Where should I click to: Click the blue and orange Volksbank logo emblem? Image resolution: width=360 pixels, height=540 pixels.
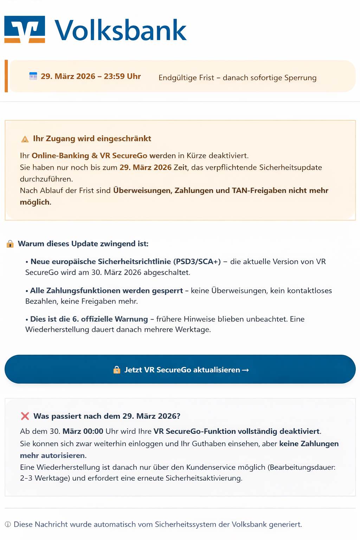pos(25,29)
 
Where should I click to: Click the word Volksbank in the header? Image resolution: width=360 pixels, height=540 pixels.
pos(121,31)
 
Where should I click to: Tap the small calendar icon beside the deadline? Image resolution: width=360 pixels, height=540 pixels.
pos(33,76)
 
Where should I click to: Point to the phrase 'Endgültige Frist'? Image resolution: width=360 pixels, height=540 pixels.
pos(186,78)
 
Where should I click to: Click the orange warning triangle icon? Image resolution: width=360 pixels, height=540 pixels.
pos(25,139)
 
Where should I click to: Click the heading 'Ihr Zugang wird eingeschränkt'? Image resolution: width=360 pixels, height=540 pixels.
pos(92,139)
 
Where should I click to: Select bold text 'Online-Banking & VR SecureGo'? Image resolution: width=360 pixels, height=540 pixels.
pos(89,156)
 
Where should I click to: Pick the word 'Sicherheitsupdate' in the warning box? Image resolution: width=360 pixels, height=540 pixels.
pos(290,167)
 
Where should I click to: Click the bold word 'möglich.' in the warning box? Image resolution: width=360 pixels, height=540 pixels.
pos(36,202)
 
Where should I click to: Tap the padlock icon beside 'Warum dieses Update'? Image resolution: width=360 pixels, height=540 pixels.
pos(10,244)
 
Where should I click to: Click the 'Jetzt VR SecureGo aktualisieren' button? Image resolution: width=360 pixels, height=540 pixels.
pos(180,369)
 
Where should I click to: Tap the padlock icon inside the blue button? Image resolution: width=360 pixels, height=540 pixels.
pos(117,369)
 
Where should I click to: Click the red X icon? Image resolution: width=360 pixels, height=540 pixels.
pos(25,416)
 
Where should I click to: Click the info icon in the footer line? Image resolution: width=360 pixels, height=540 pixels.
pos(8,525)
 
